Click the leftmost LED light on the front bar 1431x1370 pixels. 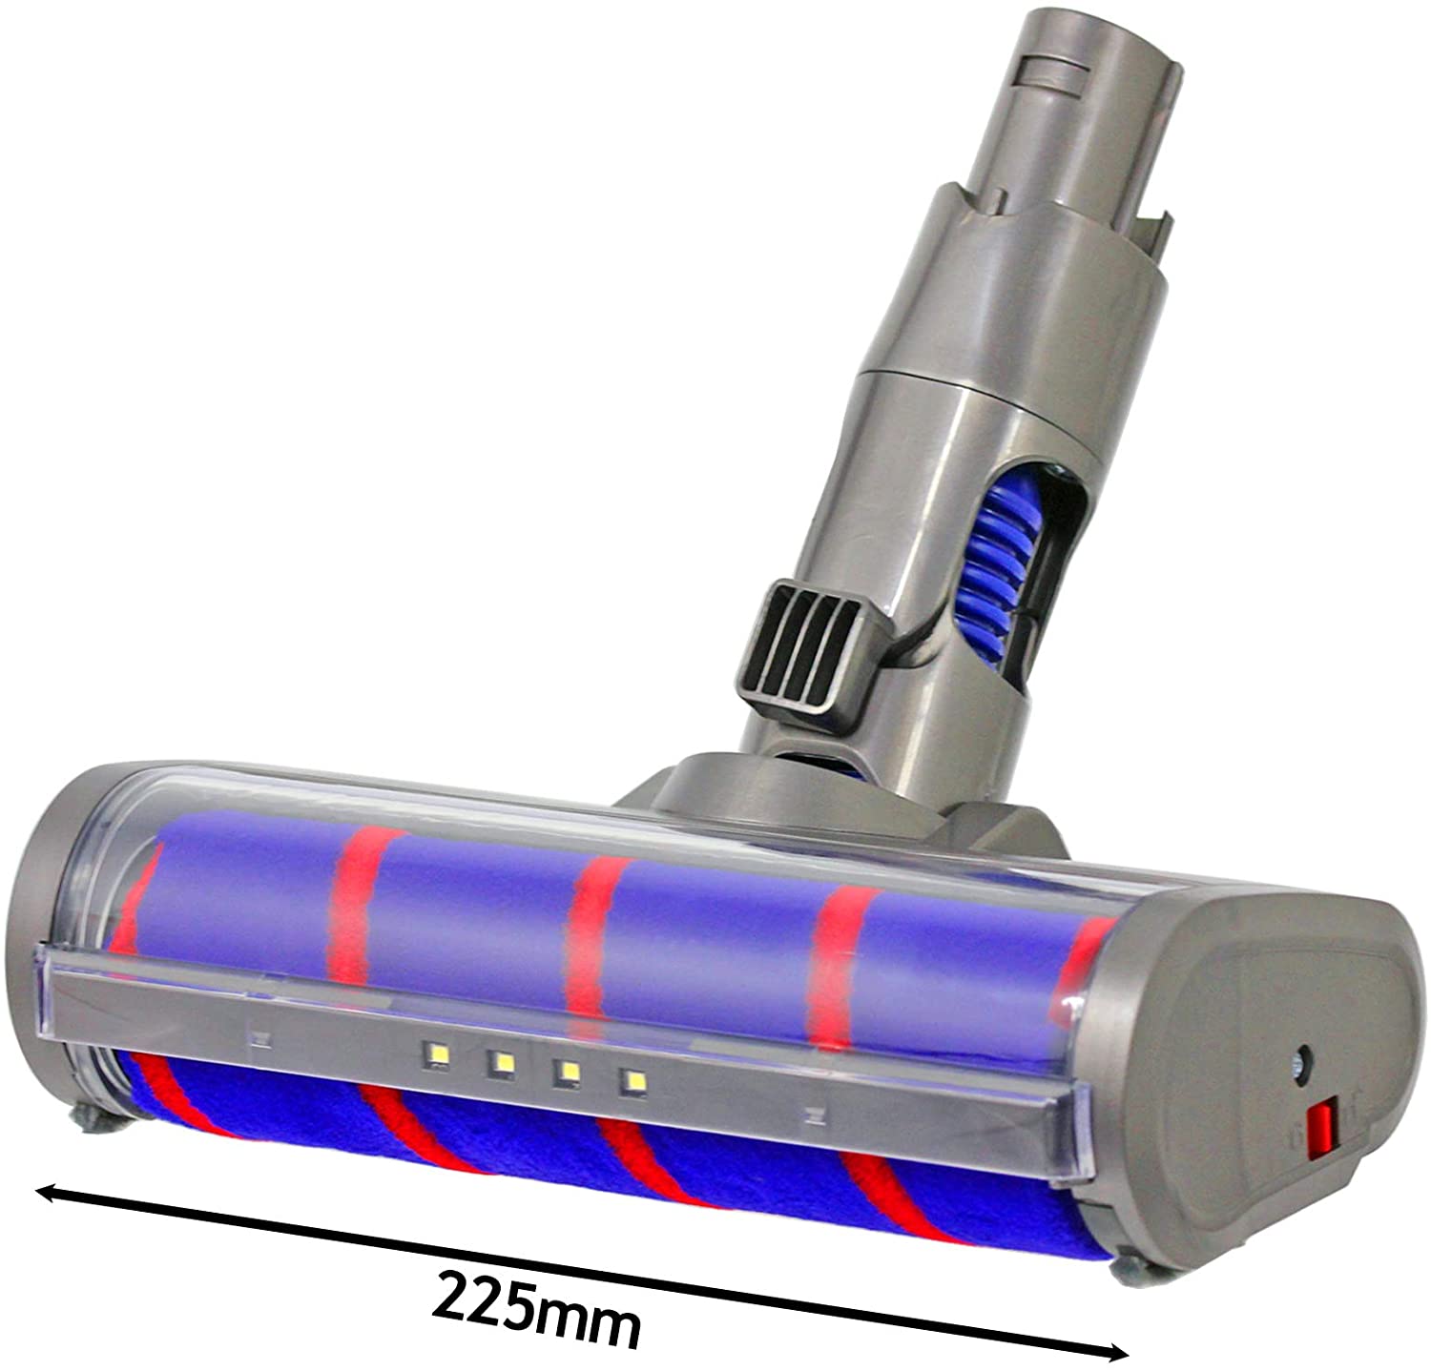click(441, 1053)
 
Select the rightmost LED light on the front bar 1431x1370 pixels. click(632, 1081)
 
